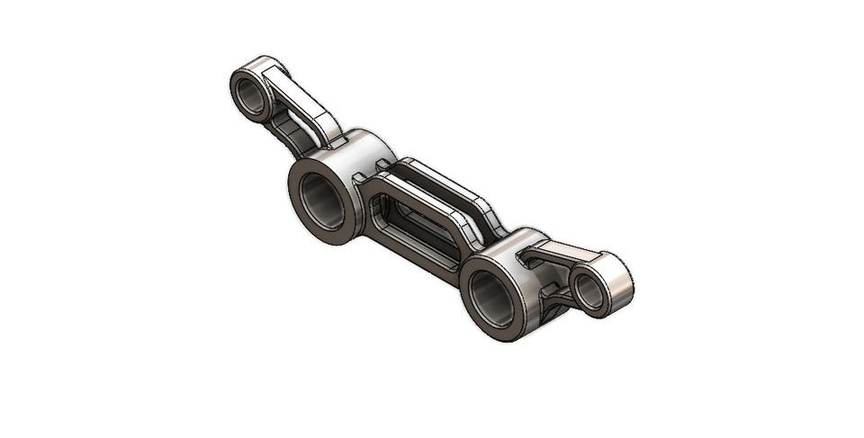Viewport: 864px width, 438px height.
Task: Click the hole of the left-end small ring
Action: click(x=251, y=93)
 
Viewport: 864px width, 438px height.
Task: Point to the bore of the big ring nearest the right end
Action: click(x=490, y=296)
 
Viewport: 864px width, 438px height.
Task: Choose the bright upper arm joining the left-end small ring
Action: click(x=301, y=99)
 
